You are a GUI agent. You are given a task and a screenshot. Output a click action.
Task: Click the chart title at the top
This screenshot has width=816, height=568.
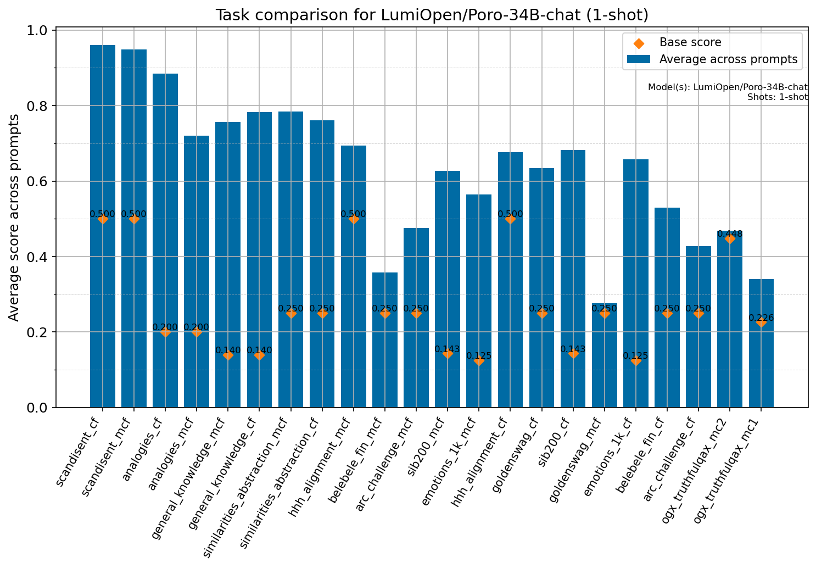point(432,15)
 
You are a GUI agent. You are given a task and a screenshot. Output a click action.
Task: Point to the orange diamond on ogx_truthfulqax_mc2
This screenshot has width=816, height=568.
point(730,239)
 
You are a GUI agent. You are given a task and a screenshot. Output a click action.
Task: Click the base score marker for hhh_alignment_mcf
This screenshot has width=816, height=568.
point(354,219)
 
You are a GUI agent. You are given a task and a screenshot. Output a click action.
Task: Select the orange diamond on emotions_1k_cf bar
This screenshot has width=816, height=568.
point(636,360)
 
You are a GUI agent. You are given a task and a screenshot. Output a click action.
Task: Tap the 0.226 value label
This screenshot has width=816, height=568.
point(761,318)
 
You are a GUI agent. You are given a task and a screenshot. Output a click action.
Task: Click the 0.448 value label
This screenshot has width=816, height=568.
point(730,234)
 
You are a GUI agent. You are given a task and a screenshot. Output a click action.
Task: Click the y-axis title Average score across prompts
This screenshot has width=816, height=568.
point(14,218)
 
